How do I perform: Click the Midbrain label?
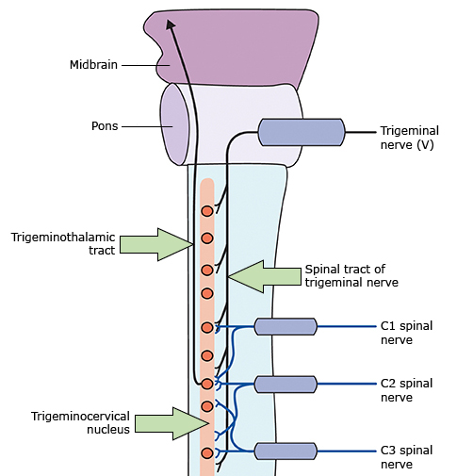pyautogui.click(x=93, y=65)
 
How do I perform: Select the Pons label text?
pyautogui.click(x=105, y=126)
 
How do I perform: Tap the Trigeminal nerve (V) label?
pyautogui.click(x=410, y=138)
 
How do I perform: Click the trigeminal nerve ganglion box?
pyautogui.click(x=302, y=132)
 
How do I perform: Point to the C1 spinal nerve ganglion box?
pyautogui.click(x=285, y=326)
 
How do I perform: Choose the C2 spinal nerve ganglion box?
pyautogui.click(x=285, y=384)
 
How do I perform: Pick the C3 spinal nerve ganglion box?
pyautogui.click(x=285, y=451)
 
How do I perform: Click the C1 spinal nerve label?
pyautogui.click(x=406, y=333)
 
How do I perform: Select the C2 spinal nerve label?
pyautogui.click(x=406, y=390)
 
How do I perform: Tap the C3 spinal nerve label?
pyautogui.click(x=406, y=457)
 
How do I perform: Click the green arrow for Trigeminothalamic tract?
pyautogui.click(x=156, y=244)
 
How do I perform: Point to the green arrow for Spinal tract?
pyautogui.click(x=265, y=276)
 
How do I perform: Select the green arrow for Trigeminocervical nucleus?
pyautogui.click(x=171, y=423)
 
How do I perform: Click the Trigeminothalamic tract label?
pyautogui.click(x=63, y=243)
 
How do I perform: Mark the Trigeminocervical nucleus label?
pyautogui.click(x=80, y=422)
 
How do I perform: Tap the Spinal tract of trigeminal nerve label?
pyautogui.click(x=351, y=275)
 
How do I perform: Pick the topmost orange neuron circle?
pyautogui.click(x=207, y=211)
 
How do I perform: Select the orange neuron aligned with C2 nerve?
pyautogui.click(x=207, y=384)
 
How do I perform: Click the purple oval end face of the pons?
pyautogui.click(x=174, y=124)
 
